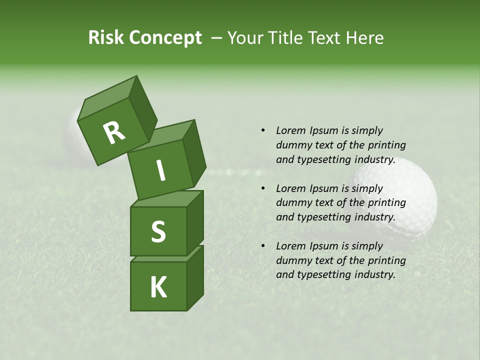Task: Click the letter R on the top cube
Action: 114,132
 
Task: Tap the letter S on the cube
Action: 158,232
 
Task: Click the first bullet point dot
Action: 263,131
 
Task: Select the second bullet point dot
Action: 263,189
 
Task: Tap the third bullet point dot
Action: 263,246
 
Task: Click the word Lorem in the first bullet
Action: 290,131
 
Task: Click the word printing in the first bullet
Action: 387,145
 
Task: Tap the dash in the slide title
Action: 217,38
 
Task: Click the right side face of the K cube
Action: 195,277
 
